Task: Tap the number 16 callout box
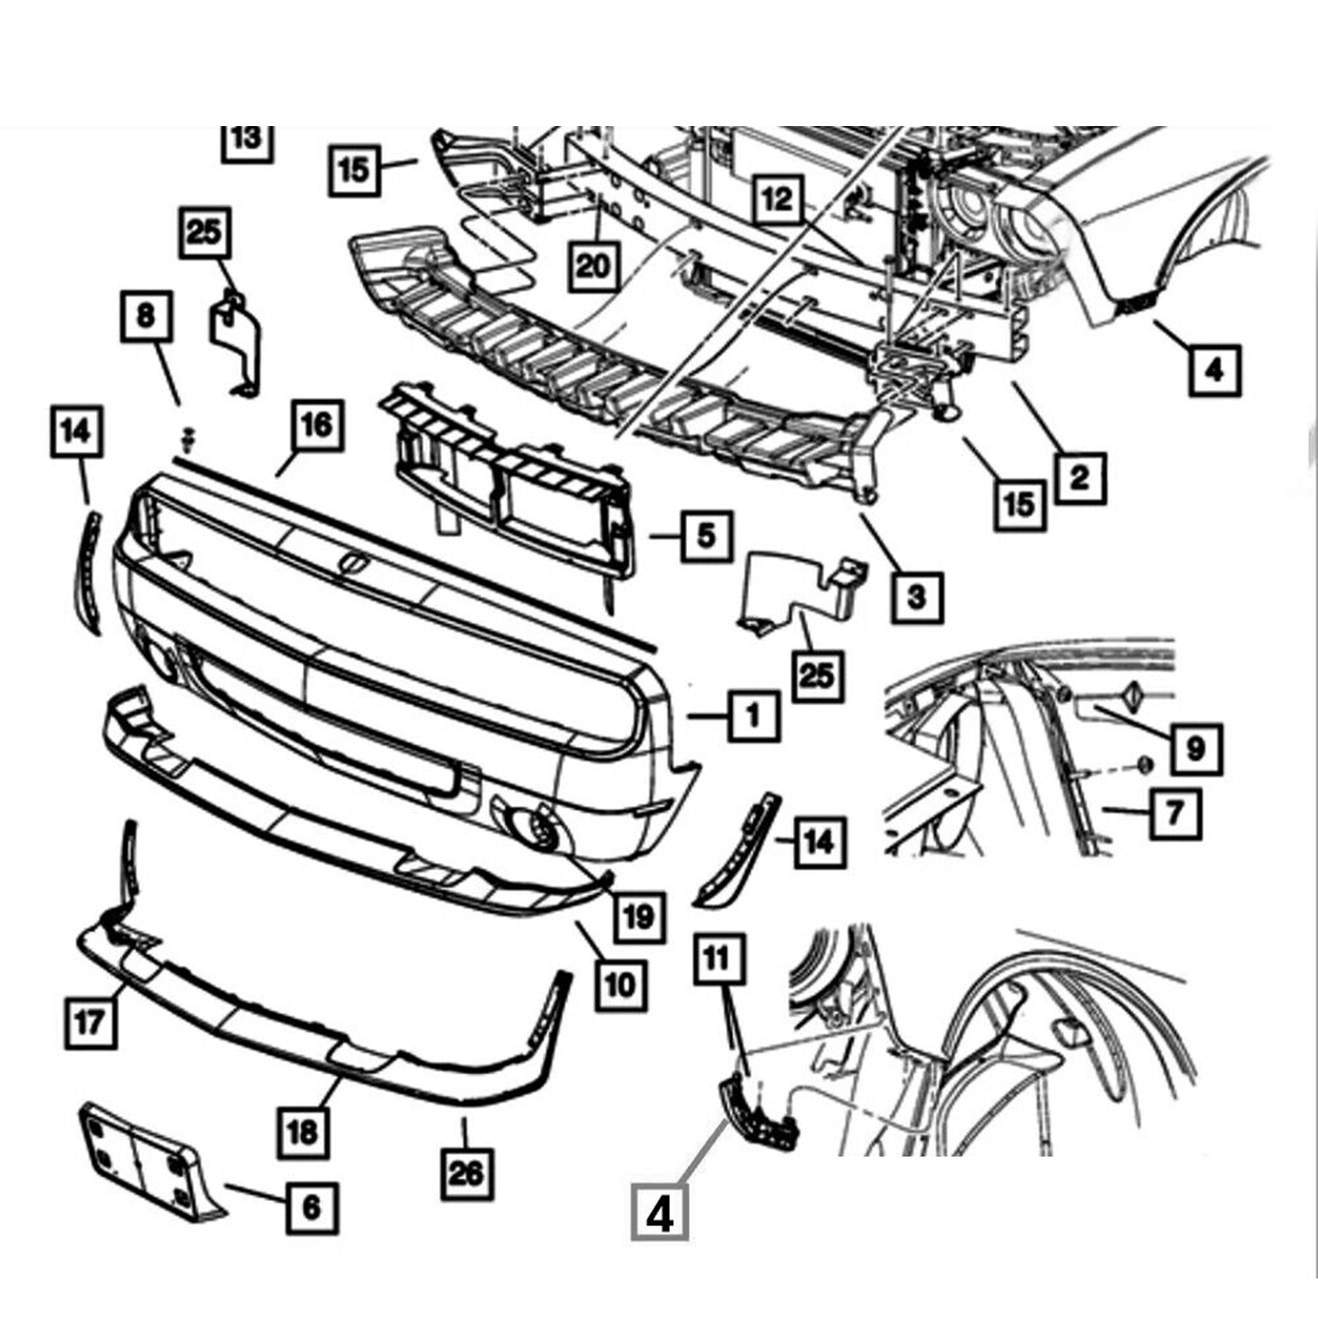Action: click(316, 425)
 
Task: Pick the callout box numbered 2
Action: click(1079, 478)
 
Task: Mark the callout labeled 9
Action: click(1195, 749)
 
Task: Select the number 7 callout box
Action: click(1175, 813)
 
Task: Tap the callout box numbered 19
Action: click(639, 916)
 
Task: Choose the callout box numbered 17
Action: click(89, 1022)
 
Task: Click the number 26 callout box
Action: click(466, 1172)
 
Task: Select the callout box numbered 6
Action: click(312, 1208)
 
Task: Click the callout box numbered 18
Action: click(301, 1132)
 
